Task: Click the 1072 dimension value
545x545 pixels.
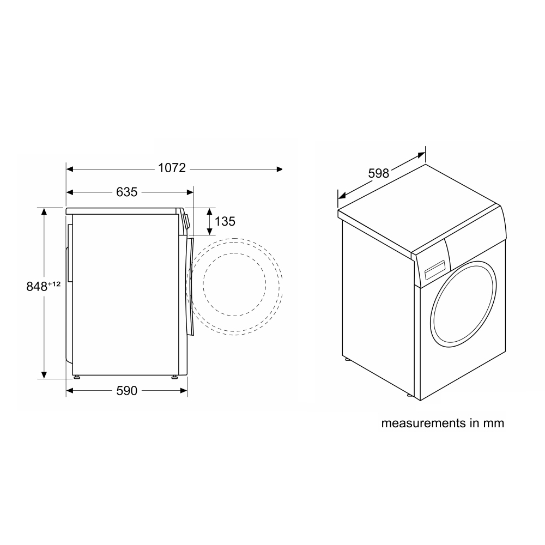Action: (x=172, y=168)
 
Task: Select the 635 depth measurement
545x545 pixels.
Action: (x=127, y=192)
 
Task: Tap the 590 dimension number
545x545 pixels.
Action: (x=127, y=391)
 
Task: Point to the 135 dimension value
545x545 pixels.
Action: (x=225, y=221)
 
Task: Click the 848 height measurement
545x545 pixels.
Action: (x=37, y=287)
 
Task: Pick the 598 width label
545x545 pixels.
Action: (x=379, y=173)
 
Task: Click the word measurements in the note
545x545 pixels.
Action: (x=423, y=423)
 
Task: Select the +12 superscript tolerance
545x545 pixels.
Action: (x=54, y=284)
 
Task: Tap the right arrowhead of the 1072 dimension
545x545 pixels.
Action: (x=280, y=169)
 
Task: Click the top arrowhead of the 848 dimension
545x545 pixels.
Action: (x=44, y=211)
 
